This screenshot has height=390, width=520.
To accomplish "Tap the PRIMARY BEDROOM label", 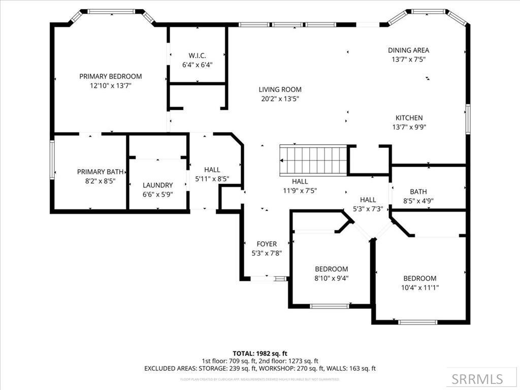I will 110,76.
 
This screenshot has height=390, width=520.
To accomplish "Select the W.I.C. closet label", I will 197,55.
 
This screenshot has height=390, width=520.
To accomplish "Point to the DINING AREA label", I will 408,50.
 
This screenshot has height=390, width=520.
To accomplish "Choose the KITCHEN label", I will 409,118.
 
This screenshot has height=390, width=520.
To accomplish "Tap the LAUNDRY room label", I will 157,185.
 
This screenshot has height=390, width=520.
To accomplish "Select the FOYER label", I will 267,244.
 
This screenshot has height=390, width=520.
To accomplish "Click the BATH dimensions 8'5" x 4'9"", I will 418,201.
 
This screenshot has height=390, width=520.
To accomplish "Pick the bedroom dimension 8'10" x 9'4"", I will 331,278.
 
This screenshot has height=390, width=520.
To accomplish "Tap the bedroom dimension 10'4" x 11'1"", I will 419,287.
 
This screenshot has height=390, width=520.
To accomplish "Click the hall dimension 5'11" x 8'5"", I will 212,179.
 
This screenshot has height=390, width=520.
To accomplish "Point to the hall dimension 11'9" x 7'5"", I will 300,190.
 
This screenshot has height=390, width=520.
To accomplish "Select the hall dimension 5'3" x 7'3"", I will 368,209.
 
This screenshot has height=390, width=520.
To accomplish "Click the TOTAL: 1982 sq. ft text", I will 260,353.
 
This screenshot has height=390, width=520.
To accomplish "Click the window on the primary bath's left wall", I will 52,159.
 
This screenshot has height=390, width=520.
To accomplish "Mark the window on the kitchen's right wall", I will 468,119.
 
